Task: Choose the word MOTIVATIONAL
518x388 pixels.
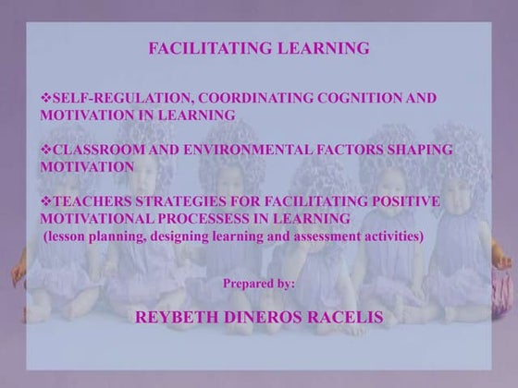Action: pyautogui.click(x=101, y=218)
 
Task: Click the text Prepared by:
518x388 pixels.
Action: pyautogui.click(x=259, y=283)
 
